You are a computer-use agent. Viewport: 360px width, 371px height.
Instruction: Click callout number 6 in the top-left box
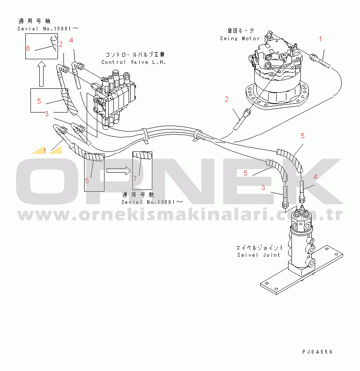click(28, 48)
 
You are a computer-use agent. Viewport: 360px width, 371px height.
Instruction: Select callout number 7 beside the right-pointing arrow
click(135, 178)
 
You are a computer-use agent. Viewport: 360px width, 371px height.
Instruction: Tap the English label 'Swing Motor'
click(239, 38)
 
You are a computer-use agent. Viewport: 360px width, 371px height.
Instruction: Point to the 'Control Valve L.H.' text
click(133, 62)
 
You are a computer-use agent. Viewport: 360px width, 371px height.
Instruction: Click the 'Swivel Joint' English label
click(258, 255)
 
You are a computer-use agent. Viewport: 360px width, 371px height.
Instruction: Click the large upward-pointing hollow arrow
click(41, 74)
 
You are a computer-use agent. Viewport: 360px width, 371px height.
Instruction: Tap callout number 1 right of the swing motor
click(320, 39)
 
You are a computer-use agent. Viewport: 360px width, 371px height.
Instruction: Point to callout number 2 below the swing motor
click(227, 99)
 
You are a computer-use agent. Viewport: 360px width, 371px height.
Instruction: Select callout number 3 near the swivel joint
click(263, 188)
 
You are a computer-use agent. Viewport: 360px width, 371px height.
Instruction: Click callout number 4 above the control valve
click(71, 40)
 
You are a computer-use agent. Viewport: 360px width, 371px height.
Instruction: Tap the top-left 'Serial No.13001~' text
click(48, 28)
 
